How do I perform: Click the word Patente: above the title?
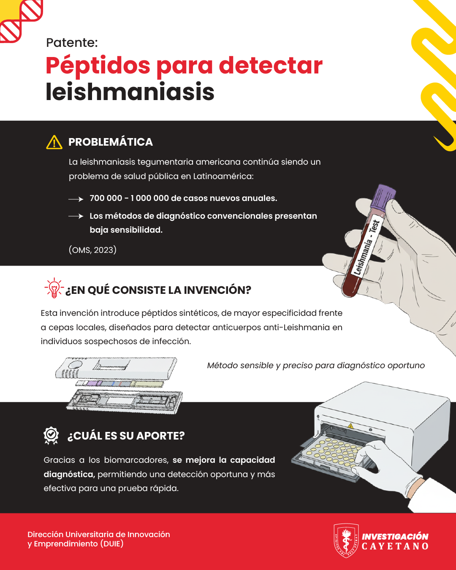click(x=72, y=43)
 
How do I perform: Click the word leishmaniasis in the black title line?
click(x=130, y=92)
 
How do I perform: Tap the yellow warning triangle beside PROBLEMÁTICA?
click(x=54, y=142)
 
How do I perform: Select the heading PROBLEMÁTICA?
click(x=111, y=142)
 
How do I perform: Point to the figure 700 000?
click(x=106, y=198)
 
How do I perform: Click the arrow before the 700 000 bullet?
click(x=76, y=199)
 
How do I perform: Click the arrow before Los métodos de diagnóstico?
click(x=76, y=217)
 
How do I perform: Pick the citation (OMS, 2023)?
click(x=92, y=250)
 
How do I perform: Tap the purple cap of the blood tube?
click(x=384, y=197)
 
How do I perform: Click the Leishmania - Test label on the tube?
click(x=366, y=247)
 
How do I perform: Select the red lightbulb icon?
click(x=54, y=288)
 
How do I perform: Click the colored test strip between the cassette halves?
click(x=119, y=384)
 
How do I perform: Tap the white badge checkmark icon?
click(x=51, y=436)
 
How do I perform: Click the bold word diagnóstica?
click(x=69, y=474)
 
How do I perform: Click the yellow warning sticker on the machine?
click(x=350, y=426)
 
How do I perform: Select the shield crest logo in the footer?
click(x=346, y=540)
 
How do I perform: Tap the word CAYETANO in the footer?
click(x=395, y=546)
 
